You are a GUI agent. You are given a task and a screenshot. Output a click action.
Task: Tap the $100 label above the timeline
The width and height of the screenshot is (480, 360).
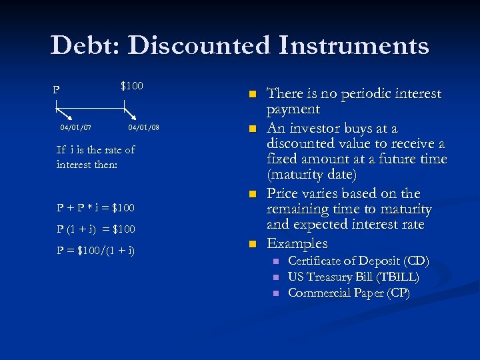click(131, 86)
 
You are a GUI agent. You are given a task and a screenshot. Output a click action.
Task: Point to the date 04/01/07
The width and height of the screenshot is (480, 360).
click(76, 127)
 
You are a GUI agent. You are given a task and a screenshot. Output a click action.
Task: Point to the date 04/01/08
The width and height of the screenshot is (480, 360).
click(143, 127)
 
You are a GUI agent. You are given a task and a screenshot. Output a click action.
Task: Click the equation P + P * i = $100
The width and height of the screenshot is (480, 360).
click(95, 207)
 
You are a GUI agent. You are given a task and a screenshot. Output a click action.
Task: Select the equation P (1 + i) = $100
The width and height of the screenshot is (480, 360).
click(95, 229)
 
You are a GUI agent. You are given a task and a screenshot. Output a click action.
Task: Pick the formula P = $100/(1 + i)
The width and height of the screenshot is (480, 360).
click(95, 250)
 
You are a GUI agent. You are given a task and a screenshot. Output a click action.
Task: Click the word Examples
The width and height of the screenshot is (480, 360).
click(297, 243)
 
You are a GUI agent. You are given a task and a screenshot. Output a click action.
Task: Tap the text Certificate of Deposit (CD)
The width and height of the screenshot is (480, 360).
click(358, 261)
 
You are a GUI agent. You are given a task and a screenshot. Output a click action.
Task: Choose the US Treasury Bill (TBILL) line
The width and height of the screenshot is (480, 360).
click(353, 277)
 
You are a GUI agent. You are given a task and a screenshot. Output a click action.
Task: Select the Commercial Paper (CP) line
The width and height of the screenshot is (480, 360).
click(349, 293)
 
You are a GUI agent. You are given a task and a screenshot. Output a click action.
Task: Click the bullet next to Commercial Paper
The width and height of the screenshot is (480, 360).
click(275, 293)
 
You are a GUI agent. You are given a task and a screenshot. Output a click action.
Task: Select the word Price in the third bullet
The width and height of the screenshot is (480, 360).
click(286, 193)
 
